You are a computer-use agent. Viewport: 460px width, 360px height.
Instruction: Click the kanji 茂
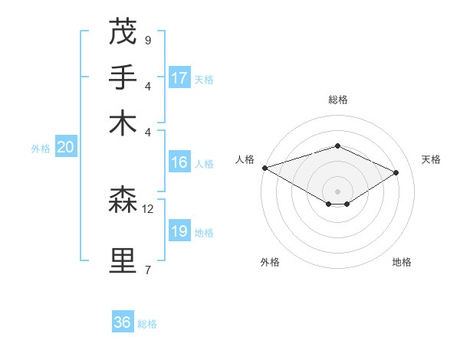tap(123, 31)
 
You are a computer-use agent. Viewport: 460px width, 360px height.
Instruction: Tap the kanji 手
tap(123, 77)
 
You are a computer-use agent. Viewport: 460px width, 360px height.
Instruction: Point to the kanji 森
tap(123, 200)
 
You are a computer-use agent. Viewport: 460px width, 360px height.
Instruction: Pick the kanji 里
tap(123, 261)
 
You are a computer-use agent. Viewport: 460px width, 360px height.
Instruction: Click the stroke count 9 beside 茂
tap(147, 40)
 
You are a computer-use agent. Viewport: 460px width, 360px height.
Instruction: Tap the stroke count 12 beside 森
tap(148, 208)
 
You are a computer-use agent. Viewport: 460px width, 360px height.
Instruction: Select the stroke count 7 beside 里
tap(147, 270)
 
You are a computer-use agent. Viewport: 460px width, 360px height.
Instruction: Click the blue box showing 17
tap(179, 78)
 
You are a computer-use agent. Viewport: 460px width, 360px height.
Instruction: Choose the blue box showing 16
tap(179, 162)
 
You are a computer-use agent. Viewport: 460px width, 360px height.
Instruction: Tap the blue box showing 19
tap(179, 231)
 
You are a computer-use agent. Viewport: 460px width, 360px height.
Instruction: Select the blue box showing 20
tap(65, 148)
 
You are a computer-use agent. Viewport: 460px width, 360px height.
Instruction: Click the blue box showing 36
tap(123, 323)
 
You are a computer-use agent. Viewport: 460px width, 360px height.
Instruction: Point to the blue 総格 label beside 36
tap(147, 324)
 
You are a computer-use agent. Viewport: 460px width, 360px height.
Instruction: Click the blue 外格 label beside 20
tap(41, 149)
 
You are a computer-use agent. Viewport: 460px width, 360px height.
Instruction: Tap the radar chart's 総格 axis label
tap(337, 100)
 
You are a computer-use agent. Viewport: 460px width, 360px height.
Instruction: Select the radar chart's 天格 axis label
tap(431, 159)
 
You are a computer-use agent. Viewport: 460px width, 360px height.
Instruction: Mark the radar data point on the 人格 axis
tap(264, 168)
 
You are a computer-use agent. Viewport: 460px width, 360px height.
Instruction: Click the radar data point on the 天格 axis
tap(396, 172)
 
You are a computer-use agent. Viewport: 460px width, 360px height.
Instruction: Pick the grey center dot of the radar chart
tap(337, 191)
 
